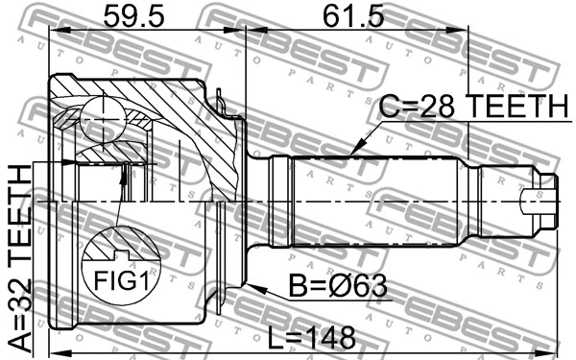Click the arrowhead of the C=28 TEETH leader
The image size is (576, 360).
[x=352, y=153]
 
